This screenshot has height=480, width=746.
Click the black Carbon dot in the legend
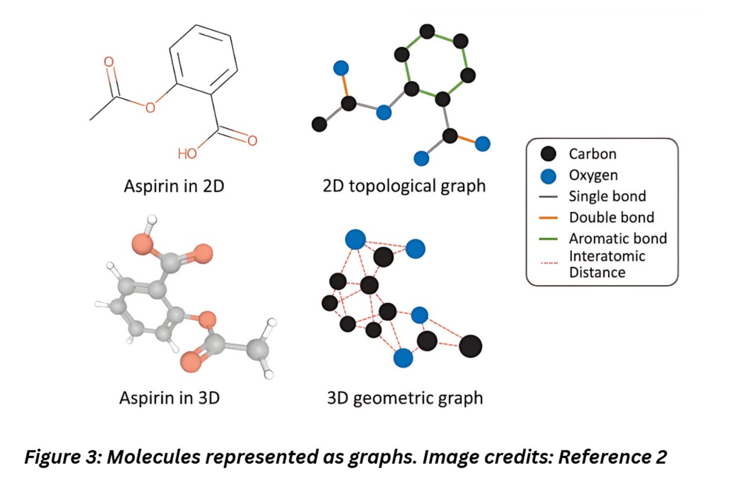(548, 154)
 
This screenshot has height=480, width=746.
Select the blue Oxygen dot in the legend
(548, 175)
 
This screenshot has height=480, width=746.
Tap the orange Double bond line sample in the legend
(548, 217)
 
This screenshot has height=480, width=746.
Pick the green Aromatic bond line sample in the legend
(548, 239)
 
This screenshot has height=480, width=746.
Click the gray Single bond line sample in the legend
(548, 196)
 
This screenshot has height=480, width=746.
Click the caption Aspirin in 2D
(174, 186)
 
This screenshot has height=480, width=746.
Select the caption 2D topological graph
(404, 186)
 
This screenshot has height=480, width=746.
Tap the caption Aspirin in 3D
(170, 397)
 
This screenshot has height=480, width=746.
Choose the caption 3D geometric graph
(405, 398)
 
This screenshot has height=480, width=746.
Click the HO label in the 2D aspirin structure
(188, 154)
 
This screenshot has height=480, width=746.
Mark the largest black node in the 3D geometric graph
(470, 346)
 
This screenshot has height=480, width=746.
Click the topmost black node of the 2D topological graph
(427, 31)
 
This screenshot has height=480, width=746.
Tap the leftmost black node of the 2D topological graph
(319, 124)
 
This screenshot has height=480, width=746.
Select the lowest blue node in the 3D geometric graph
(403, 357)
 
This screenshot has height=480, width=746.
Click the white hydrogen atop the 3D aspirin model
(152, 220)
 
